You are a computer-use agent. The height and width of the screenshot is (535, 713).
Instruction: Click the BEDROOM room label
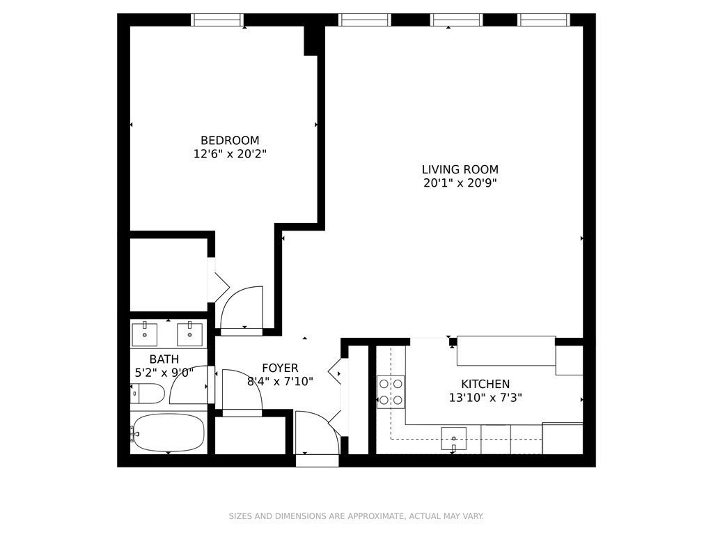[230, 140]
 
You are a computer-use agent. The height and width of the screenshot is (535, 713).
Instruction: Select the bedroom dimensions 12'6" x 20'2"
[230, 154]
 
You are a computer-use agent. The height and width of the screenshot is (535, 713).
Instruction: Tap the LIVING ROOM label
[460, 169]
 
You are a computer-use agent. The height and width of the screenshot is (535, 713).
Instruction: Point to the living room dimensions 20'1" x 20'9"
[460, 183]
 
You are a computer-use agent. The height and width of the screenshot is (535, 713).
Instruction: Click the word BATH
[164, 359]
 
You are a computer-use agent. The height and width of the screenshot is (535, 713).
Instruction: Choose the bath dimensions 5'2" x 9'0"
[164, 373]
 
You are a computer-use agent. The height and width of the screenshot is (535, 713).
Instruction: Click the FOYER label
[280, 368]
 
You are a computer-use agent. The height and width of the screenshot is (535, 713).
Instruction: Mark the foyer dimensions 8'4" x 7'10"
[280, 381]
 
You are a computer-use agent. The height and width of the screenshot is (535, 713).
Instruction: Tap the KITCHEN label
[485, 384]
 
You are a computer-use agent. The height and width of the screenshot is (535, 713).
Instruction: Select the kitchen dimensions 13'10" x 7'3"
[485, 398]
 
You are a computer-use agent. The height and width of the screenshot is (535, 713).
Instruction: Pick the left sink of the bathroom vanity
[146, 334]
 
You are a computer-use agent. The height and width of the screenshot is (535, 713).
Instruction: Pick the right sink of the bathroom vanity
[189, 334]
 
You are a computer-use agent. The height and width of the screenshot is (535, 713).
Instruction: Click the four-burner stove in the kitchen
[391, 391]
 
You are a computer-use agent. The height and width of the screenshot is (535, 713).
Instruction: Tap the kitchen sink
[453, 439]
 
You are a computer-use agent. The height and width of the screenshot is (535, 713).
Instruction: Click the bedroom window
[217, 20]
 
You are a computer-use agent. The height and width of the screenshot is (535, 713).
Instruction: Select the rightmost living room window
[544, 20]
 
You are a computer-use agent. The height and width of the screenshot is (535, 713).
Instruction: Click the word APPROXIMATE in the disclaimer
[369, 516]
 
